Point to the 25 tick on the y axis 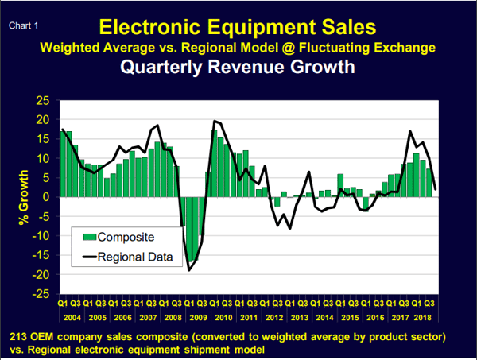pos(41,101)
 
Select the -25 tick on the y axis pos(40,294)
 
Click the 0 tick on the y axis pos(46,197)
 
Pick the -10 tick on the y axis pos(40,236)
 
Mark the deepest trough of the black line pos(189,270)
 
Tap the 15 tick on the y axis pos(41,139)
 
